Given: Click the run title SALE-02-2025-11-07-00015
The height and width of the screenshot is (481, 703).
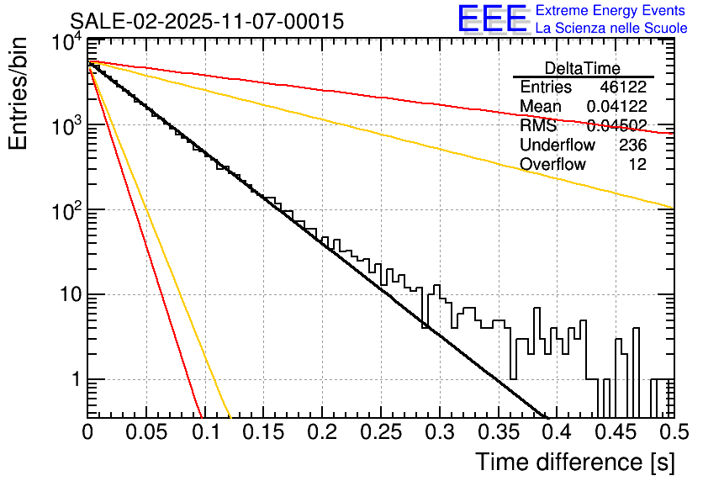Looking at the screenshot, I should [206, 22].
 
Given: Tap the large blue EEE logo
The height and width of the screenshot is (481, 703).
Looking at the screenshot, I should [492, 19].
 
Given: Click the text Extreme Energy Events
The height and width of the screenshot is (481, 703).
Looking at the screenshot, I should [610, 11].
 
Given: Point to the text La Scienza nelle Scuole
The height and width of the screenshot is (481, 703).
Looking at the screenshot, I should [610, 28].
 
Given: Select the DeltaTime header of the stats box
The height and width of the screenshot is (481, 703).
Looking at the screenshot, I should [583, 68].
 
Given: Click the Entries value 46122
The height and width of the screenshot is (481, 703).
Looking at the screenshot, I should [623, 87].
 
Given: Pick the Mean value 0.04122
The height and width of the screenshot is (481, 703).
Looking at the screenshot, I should [616, 107].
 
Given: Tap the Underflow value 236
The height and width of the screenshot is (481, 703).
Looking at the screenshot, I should [632, 145].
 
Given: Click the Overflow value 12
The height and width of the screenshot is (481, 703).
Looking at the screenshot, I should [637, 164].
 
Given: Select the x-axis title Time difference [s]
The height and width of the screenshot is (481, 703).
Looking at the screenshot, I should [573, 462].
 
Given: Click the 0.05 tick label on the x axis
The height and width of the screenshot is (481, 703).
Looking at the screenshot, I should [146, 433].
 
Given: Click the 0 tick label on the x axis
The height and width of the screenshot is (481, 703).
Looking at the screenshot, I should [87, 433].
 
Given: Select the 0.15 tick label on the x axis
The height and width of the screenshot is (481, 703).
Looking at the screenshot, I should [263, 433].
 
